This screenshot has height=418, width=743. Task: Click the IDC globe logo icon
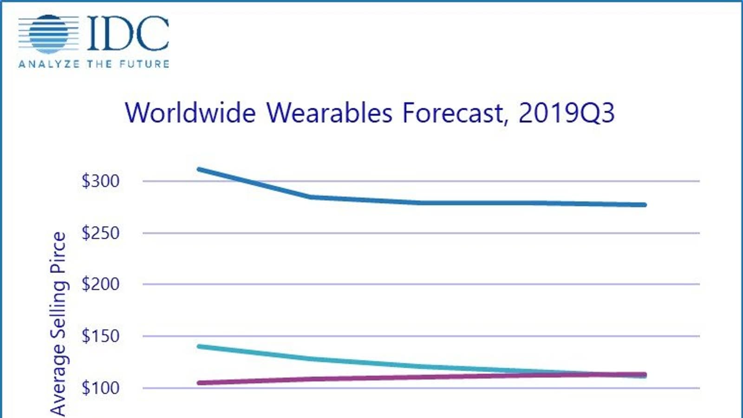[49, 33]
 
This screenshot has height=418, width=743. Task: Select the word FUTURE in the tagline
[144, 64]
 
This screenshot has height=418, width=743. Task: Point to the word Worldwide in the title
[190, 113]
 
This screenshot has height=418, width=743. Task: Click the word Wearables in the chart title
[329, 113]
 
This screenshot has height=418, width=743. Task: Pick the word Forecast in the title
[453, 113]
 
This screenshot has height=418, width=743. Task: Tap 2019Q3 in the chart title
[566, 113]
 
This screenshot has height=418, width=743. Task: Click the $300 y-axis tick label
[100, 181]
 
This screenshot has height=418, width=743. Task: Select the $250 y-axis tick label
[100, 233]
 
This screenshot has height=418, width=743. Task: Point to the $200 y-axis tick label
[100, 284]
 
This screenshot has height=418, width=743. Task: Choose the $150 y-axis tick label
[100, 336]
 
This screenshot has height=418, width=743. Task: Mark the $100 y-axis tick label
[100, 387]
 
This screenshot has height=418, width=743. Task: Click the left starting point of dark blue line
[199, 169]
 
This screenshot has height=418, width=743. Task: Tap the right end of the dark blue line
[644, 204]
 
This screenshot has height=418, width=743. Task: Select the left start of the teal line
[199, 346]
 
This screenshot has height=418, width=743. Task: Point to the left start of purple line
[199, 383]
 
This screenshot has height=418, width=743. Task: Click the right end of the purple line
[644, 374]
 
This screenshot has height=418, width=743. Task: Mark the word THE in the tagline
[99, 64]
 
